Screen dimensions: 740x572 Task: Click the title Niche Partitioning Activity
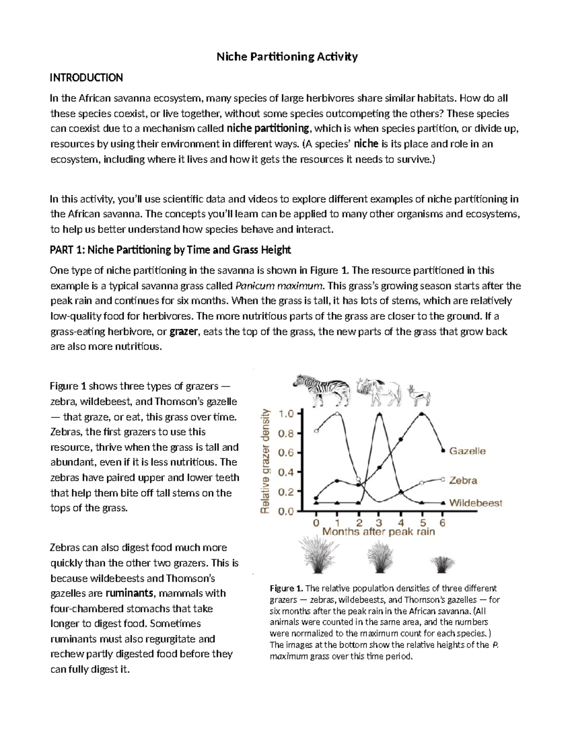[287, 57]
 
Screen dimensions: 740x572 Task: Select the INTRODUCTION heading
[87, 78]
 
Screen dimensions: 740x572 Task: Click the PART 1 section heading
[170, 250]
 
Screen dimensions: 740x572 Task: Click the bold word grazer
[184, 332]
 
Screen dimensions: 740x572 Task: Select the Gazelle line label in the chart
[467, 451]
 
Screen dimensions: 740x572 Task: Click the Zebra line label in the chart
[463, 480]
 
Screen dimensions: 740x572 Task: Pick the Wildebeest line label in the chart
[475, 503]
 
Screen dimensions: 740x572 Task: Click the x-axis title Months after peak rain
[379, 532]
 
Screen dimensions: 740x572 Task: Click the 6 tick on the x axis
[443, 523]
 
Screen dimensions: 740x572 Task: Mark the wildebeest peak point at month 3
[379, 414]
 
